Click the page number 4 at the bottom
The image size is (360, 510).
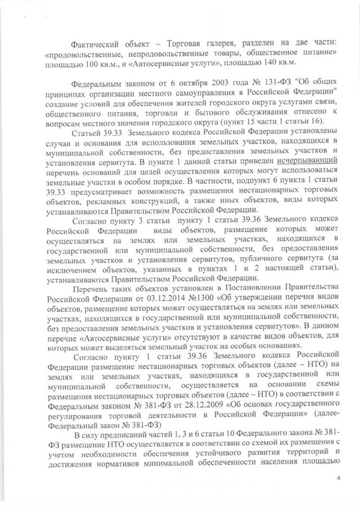(339, 477)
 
